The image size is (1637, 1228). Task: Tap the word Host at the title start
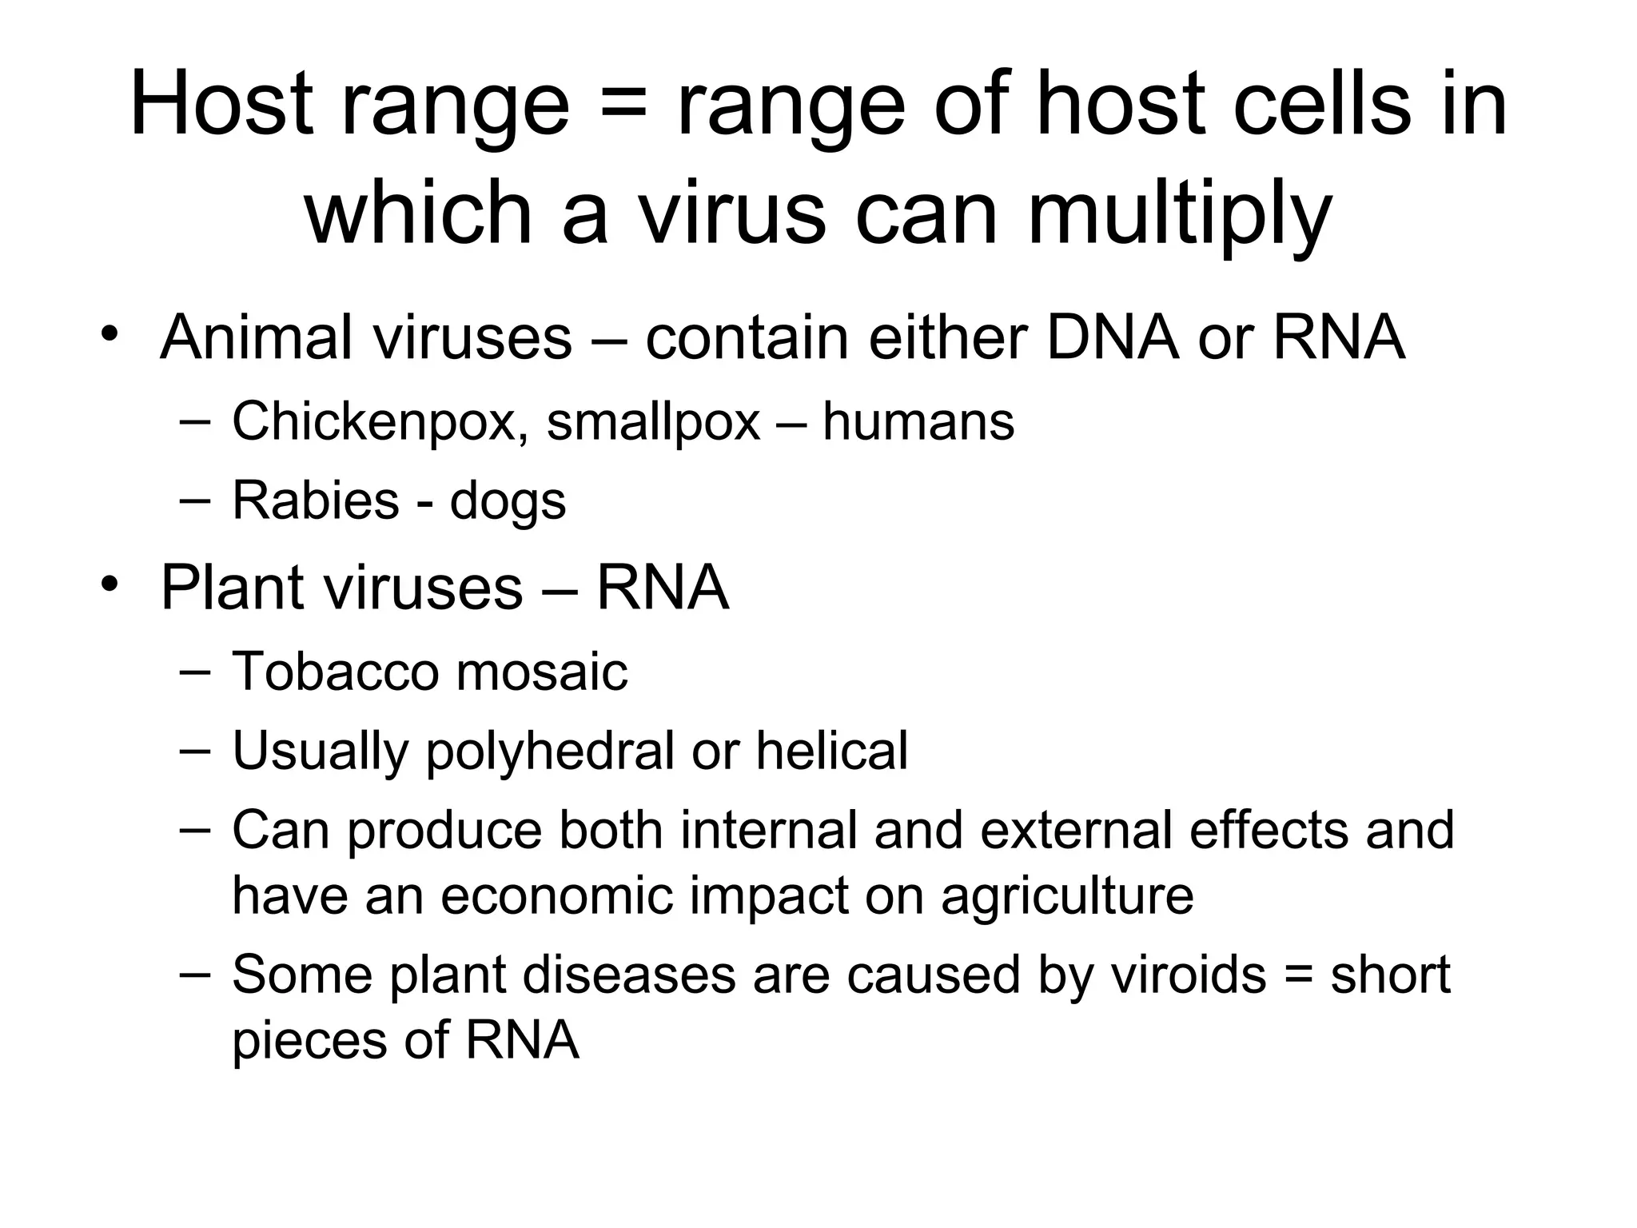[x=221, y=104]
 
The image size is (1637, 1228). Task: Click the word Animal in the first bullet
[x=256, y=337]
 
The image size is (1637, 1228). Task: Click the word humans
[x=918, y=421]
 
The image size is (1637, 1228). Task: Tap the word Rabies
[x=315, y=500]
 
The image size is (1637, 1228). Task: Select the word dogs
[x=508, y=502]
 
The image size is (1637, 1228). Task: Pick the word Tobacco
[x=335, y=671]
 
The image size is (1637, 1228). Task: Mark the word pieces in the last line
[x=306, y=1041]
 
